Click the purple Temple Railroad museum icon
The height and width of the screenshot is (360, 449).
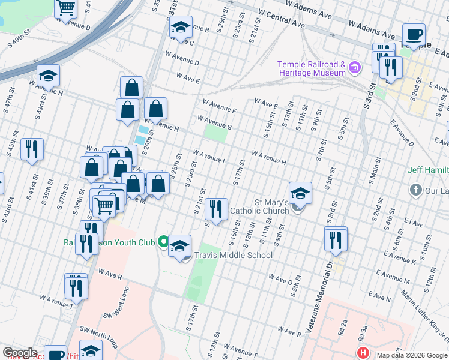(x=355, y=68)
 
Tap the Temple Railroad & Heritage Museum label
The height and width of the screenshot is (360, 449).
(x=311, y=68)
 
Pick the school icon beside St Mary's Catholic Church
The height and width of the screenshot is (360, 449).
(x=300, y=193)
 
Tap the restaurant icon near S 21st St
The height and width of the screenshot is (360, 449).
(x=215, y=209)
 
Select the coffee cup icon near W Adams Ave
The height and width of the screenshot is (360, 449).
(x=413, y=35)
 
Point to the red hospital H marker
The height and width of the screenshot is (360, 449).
(x=363, y=353)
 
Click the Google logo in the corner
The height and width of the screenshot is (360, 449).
(x=20, y=353)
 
